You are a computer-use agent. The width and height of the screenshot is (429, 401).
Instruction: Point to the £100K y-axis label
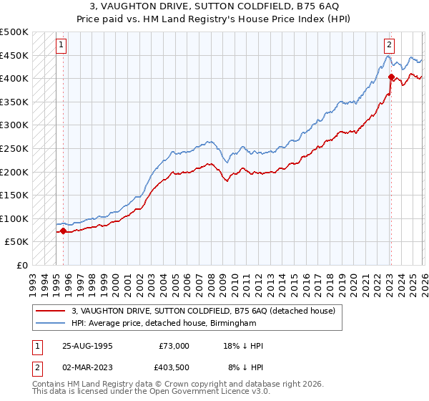pyautogui.click(x=14, y=218)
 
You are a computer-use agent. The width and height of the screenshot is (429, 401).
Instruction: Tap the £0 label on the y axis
pyautogui.click(x=21, y=265)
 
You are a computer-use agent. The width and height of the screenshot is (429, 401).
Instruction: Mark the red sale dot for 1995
pyautogui.click(x=63, y=231)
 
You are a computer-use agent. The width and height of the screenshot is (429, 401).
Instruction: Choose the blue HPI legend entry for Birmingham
pyautogui.click(x=164, y=324)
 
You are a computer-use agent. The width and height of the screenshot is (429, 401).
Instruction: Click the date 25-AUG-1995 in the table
pyautogui.click(x=86, y=346)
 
